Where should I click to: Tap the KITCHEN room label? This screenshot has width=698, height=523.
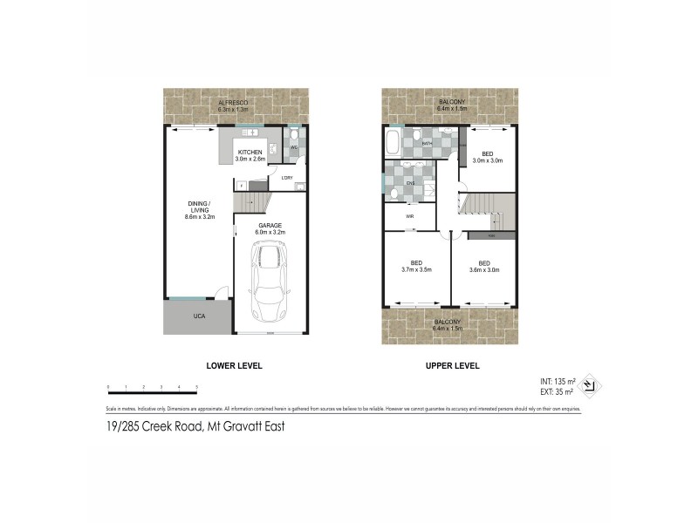(250, 153)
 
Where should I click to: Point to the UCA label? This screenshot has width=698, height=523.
(199, 316)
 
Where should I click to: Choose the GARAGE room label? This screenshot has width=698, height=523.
(270, 226)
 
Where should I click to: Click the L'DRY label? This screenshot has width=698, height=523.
(286, 179)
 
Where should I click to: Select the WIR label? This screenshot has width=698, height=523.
(409, 215)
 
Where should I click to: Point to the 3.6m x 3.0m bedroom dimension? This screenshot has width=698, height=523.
(484, 269)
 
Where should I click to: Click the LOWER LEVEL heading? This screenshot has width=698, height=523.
(234, 365)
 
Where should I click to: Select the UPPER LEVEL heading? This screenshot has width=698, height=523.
(452, 365)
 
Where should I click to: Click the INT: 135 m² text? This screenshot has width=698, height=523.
(558, 382)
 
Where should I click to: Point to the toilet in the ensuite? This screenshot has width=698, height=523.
(394, 193)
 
